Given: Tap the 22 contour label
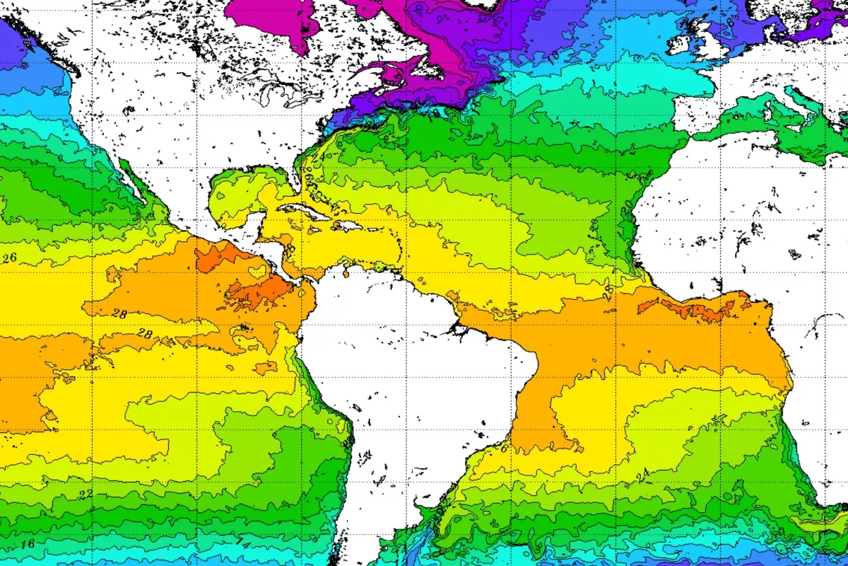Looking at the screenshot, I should click(86, 495).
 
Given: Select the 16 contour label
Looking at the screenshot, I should click(28, 543).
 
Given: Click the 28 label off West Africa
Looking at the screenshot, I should click(606, 289).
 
